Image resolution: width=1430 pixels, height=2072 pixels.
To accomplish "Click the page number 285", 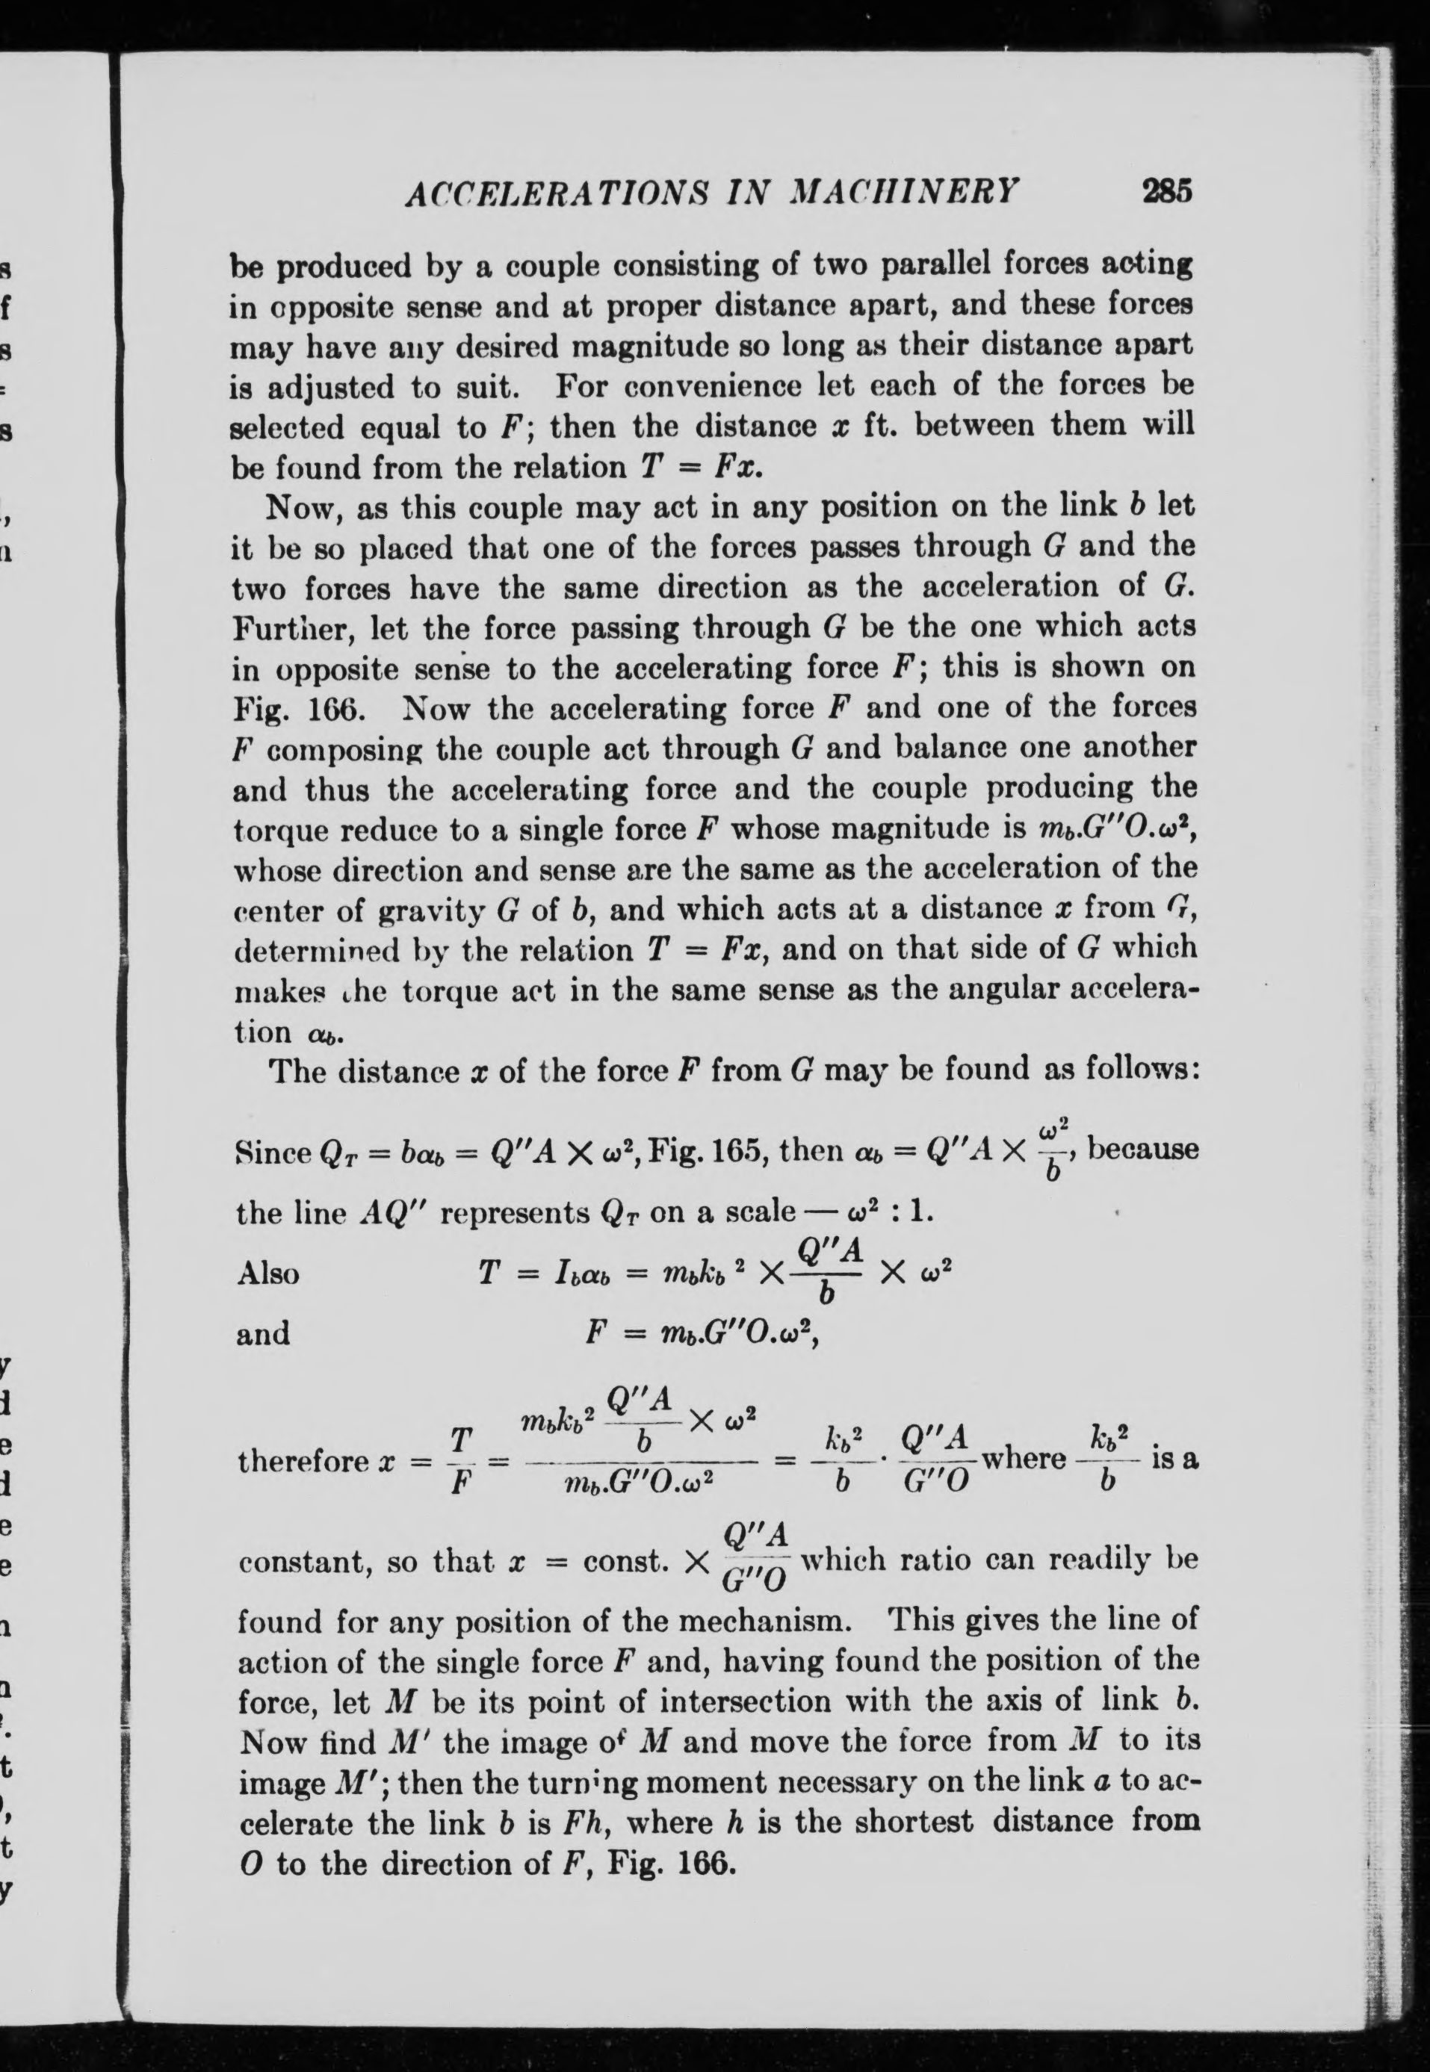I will tap(1166, 192).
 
